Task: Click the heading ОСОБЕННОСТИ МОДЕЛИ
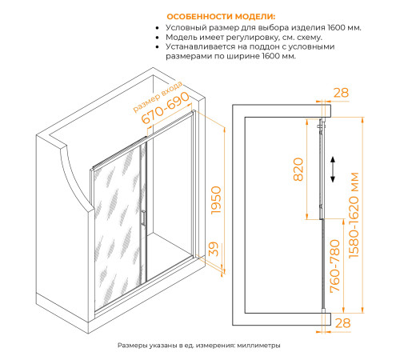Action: point(221,17)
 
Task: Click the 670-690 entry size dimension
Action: point(165,108)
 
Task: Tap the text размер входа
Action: point(158,97)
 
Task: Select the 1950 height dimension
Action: point(216,200)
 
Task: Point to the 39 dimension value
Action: point(214,249)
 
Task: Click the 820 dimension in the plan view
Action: point(298,170)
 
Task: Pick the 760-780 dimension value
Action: point(335,266)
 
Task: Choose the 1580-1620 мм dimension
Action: point(354,215)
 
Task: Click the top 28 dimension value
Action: point(341,93)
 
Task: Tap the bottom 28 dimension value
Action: point(342,323)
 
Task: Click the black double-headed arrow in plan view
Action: point(333,170)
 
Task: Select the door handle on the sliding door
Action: point(143,218)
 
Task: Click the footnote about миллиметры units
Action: point(199,346)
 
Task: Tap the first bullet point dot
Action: point(158,28)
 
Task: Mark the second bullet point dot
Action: point(158,38)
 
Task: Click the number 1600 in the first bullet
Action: point(337,28)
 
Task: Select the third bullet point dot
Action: point(158,47)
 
